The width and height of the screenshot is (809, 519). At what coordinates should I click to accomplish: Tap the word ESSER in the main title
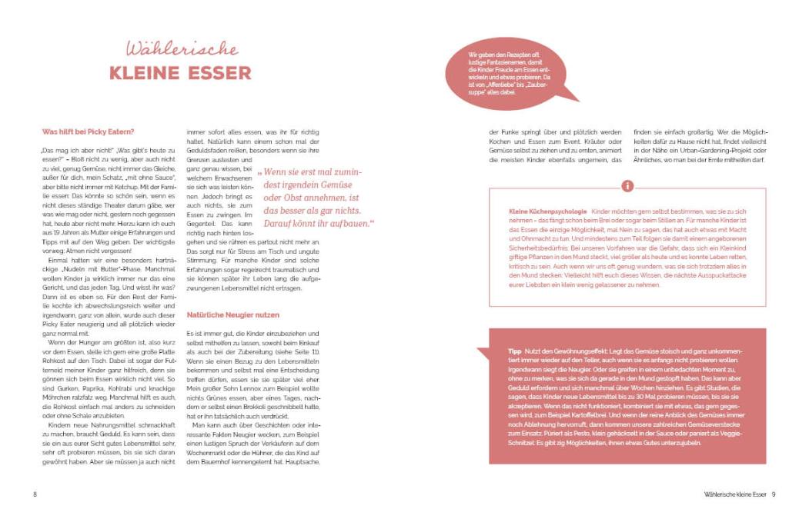coord(219,74)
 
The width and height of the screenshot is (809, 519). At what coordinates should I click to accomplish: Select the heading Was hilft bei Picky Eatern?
coord(89,131)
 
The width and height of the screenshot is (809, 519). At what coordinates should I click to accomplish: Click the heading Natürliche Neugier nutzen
coord(232,315)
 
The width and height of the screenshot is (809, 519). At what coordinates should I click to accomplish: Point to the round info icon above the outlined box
coord(627,186)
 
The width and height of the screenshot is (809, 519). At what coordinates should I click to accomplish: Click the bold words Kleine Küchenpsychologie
coord(547,211)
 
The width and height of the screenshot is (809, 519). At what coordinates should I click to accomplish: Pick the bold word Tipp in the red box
coord(514,351)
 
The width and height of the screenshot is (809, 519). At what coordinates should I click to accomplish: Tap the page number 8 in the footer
coord(35,494)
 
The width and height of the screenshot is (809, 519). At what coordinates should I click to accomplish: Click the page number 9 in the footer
coord(774,494)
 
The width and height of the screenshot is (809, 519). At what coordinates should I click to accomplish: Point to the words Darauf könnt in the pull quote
coord(288,224)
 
